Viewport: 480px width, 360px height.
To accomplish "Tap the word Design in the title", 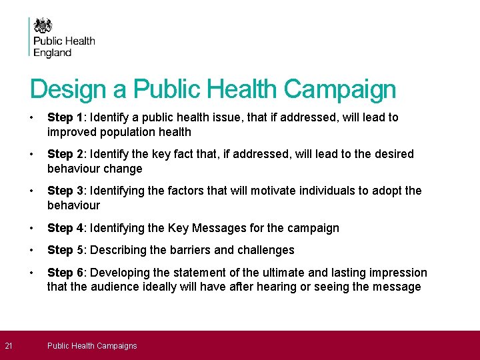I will pyautogui.click(x=68, y=89).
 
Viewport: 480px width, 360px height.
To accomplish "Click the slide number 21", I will pyautogui.click(x=8, y=345).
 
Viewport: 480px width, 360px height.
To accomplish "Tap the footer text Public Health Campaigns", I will pyautogui.click(x=92, y=345).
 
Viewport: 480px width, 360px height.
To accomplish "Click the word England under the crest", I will pyautogui.click(x=53, y=53).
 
